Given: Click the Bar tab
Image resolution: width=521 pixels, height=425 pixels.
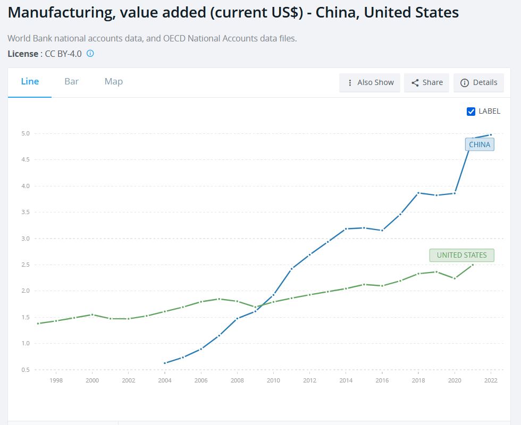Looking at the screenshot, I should click(x=71, y=81).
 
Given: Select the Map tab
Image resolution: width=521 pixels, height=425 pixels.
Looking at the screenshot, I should click(x=113, y=81).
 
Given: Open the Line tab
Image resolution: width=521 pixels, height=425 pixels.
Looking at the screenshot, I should click(x=30, y=81).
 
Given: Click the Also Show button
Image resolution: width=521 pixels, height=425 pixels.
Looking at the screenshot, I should click(x=370, y=82).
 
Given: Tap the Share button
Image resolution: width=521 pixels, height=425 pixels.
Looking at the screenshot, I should click(x=427, y=82).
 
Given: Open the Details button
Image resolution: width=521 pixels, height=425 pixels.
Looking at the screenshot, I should click(x=478, y=82).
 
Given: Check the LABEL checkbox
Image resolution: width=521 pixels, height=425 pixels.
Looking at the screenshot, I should click(x=470, y=111).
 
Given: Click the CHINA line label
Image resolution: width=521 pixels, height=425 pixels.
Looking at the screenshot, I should click(x=480, y=144).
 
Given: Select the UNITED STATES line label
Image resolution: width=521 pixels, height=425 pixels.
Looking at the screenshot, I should click(x=461, y=255).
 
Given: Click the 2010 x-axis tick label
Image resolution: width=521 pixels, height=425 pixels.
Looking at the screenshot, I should click(x=273, y=380).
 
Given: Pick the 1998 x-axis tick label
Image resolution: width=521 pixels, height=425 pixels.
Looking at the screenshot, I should click(x=56, y=380).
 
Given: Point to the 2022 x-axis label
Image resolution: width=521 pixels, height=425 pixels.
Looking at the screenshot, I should click(x=490, y=380).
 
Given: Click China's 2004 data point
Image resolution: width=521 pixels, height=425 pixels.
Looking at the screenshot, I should click(x=165, y=363).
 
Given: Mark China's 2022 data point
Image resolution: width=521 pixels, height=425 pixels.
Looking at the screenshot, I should click(x=490, y=134).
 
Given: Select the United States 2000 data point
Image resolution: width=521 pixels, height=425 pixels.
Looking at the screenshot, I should click(x=93, y=314).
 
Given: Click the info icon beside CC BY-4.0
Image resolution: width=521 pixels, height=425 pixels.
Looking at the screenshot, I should click(x=90, y=53).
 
